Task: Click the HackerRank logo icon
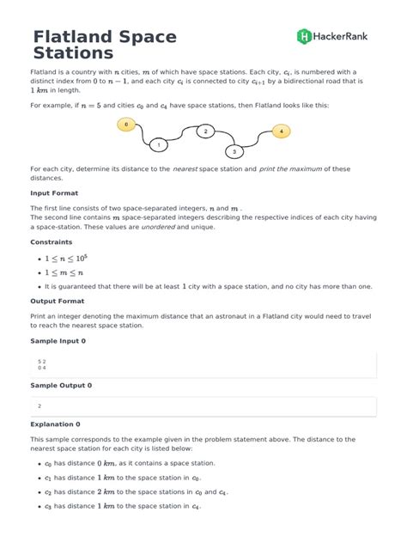pos(304,36)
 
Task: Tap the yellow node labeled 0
pos(126,125)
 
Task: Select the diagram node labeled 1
pos(159,145)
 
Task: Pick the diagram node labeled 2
pos(205,131)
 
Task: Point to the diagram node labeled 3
pos(235,151)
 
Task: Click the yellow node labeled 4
pos(281,131)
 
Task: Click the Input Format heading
pos(54,193)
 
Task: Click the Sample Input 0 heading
pos(58,341)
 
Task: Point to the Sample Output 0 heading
pos(61,385)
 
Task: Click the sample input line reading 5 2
pos(42,362)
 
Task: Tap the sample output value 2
pos(39,405)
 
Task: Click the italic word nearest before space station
pos(185,169)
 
